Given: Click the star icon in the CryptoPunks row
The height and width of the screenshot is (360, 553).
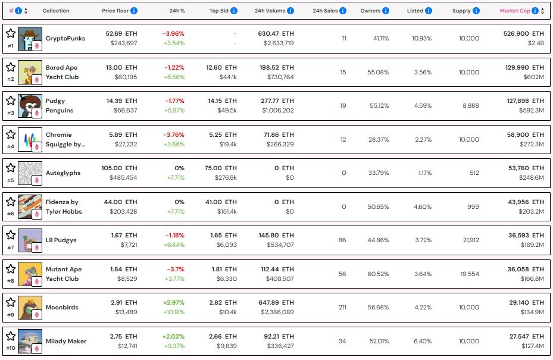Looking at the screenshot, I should (10, 33).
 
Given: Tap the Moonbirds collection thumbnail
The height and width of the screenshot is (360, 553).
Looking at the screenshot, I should (30, 307).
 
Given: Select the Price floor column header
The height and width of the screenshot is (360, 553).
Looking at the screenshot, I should (115, 11).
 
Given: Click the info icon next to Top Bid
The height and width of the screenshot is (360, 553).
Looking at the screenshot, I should (234, 11).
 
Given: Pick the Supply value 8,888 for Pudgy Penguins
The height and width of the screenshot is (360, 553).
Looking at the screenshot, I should (470, 105).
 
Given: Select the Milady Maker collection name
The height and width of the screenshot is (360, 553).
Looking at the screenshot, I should (66, 341).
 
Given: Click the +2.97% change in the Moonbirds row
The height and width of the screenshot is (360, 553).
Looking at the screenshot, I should (173, 303).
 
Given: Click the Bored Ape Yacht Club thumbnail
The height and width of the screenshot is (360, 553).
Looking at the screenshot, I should (30, 72).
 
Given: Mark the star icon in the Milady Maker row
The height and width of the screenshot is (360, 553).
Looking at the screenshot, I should (10, 336).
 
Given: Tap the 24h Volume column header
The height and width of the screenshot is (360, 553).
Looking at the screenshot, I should (270, 11).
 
